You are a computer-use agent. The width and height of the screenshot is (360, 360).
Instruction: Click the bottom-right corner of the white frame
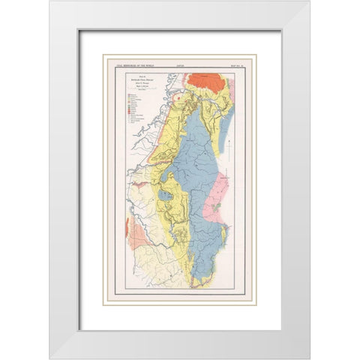308,357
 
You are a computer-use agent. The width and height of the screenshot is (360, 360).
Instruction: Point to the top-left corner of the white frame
51,2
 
